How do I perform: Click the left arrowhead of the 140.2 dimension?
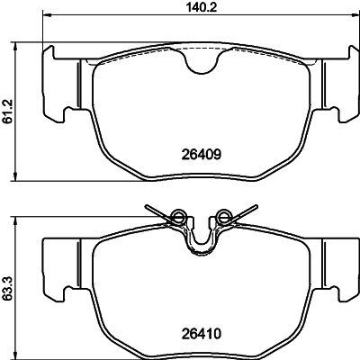tap(47, 16)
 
